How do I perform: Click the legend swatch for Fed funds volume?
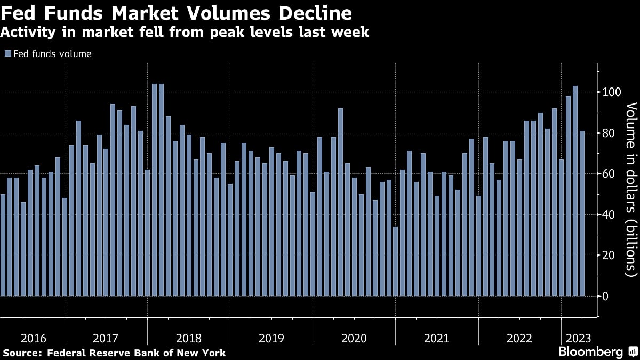7,53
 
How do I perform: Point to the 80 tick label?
609,133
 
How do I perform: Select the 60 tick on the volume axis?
609,174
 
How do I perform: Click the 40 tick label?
609,214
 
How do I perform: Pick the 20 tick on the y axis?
609,255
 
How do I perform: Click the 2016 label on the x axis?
33,338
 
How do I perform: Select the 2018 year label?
188,338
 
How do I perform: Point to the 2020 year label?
354,338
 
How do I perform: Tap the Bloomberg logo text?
590,352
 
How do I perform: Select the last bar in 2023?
582,213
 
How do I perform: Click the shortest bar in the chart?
395,261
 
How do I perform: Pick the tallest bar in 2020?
340,202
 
